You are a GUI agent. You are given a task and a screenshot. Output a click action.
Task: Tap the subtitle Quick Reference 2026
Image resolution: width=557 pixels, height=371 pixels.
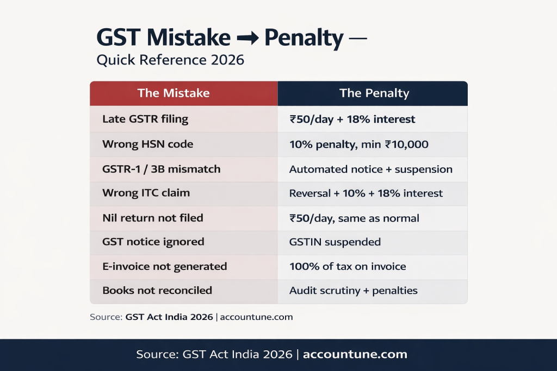pos(170,60)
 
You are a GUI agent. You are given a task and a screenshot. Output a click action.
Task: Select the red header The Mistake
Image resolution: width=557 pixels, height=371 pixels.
pos(174,93)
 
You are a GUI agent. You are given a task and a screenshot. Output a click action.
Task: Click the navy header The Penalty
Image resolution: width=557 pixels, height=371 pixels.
pos(374,93)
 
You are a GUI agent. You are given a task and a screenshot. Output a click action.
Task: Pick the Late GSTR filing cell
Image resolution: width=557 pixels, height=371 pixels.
pos(145,119)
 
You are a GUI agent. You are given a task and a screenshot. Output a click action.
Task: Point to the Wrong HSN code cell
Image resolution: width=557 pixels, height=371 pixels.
pos(147,144)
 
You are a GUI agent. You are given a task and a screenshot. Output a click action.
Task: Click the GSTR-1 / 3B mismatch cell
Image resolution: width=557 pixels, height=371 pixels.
pos(161,169)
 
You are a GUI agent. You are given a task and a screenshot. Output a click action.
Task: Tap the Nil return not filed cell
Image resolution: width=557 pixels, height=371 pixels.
pos(152,218)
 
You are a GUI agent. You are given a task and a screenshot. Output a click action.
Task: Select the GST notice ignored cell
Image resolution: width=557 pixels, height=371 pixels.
pos(153,242)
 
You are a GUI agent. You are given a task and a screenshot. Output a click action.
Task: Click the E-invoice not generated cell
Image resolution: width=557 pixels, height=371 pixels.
pos(164,266)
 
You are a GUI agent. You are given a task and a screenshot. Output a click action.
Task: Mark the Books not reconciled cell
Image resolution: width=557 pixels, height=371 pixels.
pos(157,291)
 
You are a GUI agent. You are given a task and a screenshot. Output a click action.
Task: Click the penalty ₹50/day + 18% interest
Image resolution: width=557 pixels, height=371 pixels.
pos(352,119)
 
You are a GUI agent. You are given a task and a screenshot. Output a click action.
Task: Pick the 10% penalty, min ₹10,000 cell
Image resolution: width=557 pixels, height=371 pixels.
pos(358,144)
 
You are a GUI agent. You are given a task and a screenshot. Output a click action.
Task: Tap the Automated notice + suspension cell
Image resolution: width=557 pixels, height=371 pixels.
pos(370,169)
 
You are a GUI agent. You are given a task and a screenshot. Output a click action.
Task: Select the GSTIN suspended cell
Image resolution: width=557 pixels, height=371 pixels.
pos(335,242)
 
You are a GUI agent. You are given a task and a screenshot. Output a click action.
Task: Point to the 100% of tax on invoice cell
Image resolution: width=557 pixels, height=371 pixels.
pos(348,266)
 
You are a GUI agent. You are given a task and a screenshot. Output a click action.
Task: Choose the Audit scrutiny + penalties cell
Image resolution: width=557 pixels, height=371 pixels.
pos(353,291)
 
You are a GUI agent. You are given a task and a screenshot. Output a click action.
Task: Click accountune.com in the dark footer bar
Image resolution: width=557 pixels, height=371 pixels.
pos(355,355)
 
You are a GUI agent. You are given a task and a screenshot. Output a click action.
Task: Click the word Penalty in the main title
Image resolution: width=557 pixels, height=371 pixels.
pos(304,39)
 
